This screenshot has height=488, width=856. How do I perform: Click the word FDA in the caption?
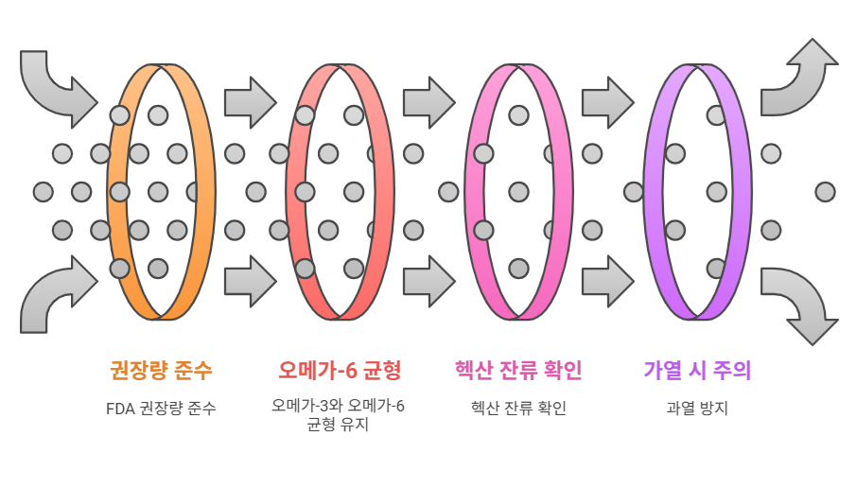click(121, 409)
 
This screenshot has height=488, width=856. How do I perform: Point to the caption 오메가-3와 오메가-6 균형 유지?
click(339, 415)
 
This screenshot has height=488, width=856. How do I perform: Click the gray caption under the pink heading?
click(518, 409)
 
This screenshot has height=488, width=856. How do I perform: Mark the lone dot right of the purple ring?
click(825, 192)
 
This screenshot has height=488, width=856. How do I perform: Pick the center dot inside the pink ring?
click(518, 192)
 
